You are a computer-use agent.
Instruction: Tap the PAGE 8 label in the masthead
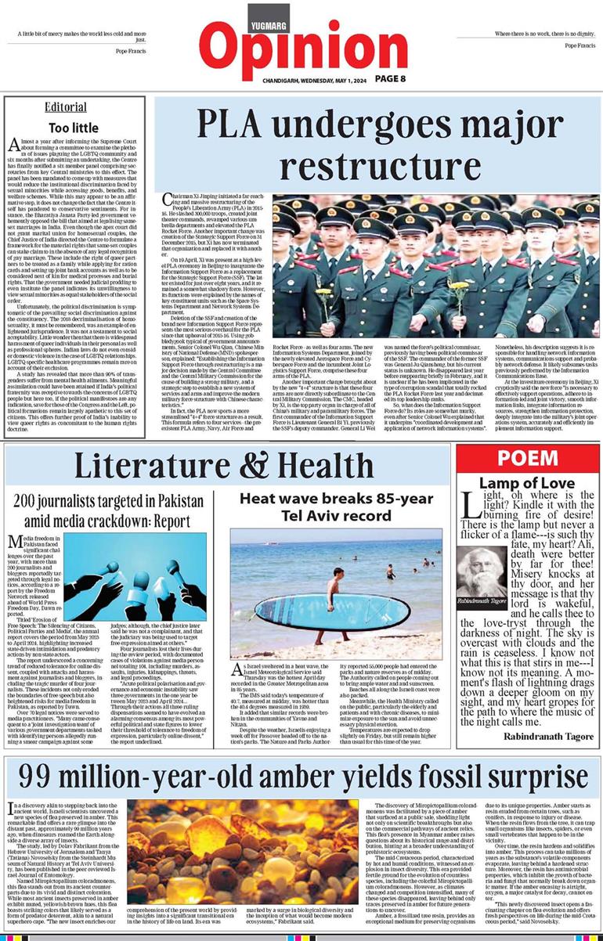(388, 78)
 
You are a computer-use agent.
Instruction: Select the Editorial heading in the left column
(66, 107)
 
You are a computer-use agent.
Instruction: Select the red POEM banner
(527, 459)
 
